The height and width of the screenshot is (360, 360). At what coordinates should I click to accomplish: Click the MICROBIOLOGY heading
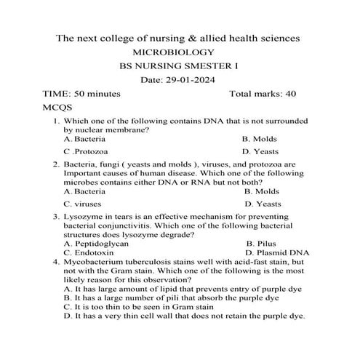coord(180,52)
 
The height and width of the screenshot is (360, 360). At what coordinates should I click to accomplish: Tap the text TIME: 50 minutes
coord(81,94)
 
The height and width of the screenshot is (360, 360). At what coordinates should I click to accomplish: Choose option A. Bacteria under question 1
coord(84,138)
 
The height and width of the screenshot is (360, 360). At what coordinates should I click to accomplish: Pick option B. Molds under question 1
coord(260,138)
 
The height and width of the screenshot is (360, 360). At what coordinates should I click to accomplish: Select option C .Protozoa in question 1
coord(86,151)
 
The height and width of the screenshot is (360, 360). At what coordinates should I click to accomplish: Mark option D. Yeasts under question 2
coord(263,204)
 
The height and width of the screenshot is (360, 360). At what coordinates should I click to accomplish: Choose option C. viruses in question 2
coord(83,204)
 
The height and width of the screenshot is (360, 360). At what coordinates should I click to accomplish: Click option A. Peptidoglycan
coord(91,244)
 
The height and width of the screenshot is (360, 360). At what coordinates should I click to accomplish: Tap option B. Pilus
coord(261,244)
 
